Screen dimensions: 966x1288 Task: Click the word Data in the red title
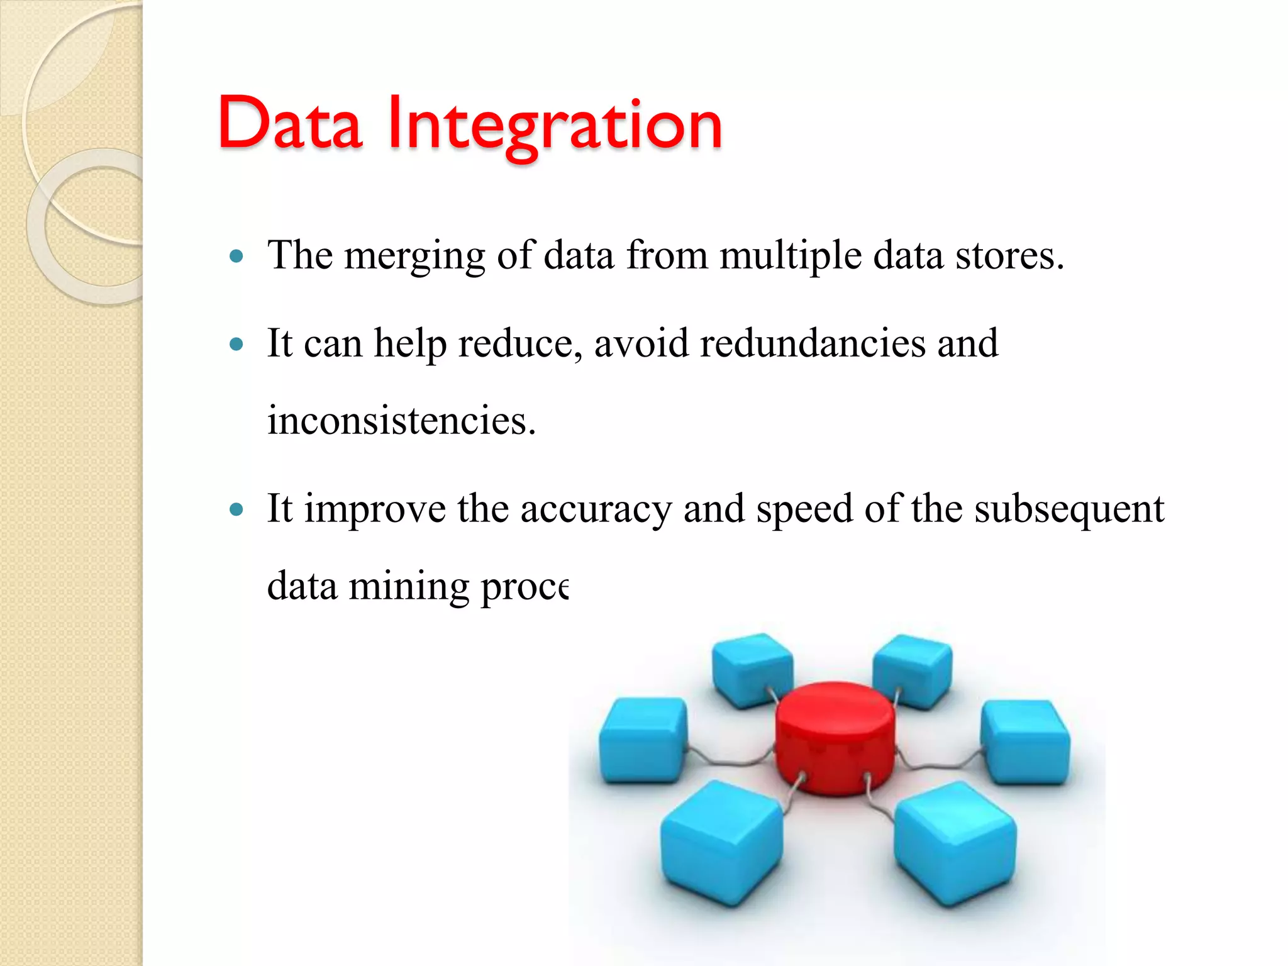coord(290,124)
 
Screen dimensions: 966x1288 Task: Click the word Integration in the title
coord(555,126)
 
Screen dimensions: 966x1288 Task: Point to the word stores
coord(1009,257)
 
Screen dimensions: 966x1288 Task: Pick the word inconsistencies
coord(401,420)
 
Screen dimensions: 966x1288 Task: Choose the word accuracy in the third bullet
coord(596,509)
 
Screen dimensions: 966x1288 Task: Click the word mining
coord(409,586)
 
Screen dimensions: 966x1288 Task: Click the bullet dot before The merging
coord(236,256)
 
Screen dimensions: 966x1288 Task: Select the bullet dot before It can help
coord(236,344)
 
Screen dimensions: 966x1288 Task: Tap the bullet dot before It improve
coord(236,509)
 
